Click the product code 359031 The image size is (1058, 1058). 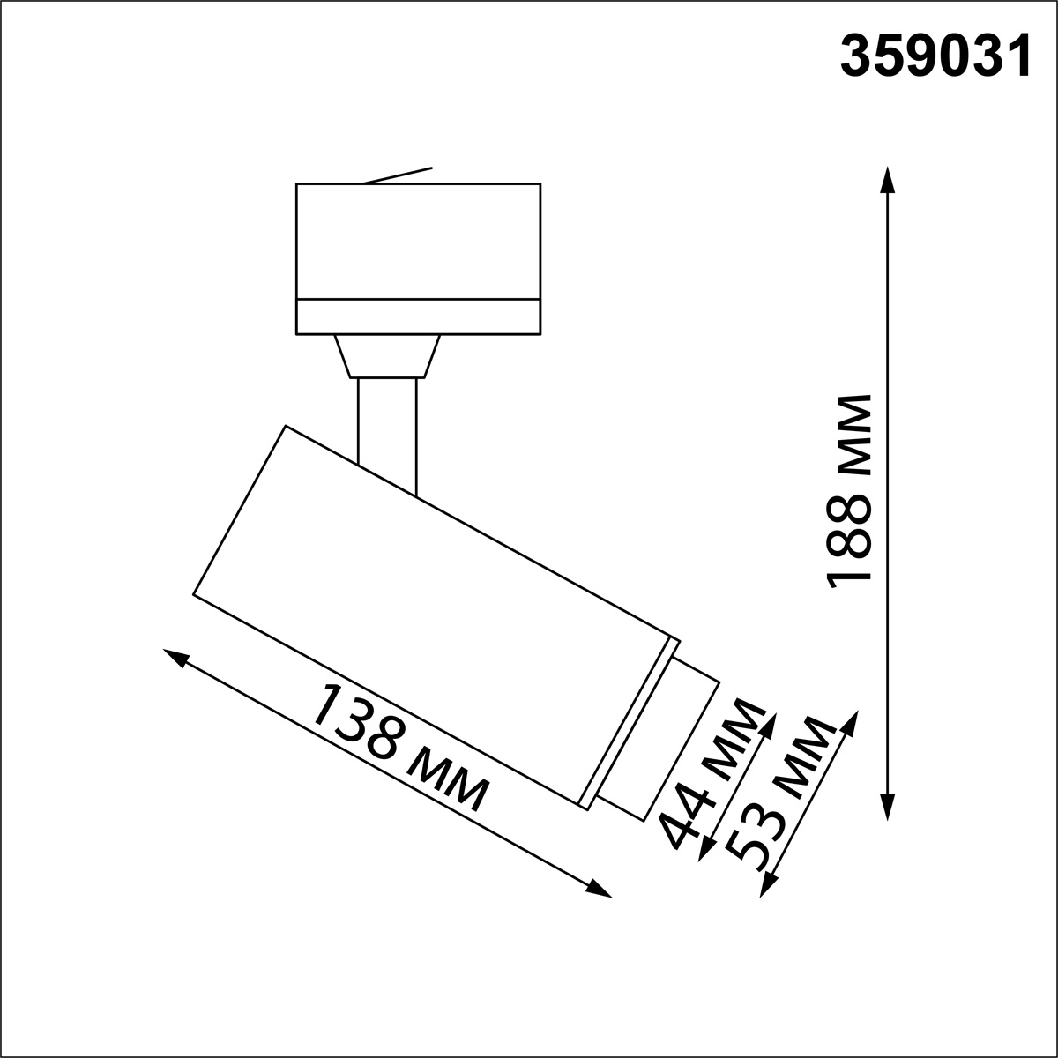click(935, 58)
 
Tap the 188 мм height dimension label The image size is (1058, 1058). click(848, 489)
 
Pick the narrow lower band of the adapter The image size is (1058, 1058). click(418, 317)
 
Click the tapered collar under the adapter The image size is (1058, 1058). click(387, 356)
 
